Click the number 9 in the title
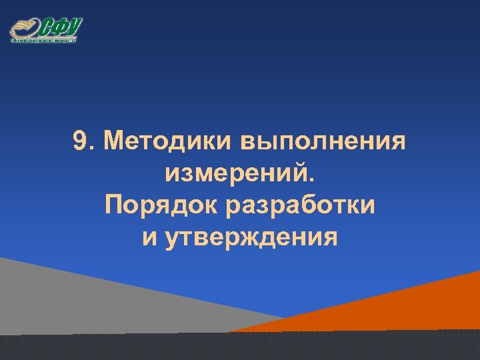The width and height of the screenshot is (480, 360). point(80,141)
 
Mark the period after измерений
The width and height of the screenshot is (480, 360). point(308,180)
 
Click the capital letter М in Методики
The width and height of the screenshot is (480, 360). point(115,141)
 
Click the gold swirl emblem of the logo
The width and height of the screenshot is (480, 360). point(24,29)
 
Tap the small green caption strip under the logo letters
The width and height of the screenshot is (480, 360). point(44,40)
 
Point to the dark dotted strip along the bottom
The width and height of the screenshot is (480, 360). point(240,347)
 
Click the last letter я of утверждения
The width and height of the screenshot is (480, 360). point(331,238)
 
